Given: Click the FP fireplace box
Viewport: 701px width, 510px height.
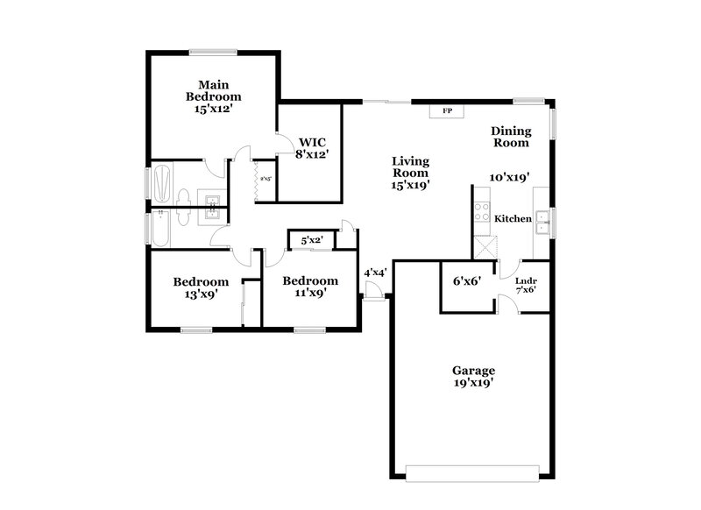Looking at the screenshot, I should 447,111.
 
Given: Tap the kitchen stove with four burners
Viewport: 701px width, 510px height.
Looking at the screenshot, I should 482,210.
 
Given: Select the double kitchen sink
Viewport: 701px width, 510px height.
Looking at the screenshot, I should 542,219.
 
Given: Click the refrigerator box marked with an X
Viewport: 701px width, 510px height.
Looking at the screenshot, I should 483,246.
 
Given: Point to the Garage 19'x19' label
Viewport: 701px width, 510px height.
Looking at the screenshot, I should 474,377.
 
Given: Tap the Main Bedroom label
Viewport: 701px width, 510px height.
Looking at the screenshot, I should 212,96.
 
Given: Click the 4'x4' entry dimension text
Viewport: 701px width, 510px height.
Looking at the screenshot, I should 375,273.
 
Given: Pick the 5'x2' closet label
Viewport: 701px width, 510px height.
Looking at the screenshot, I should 312,239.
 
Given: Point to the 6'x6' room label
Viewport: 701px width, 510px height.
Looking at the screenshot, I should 464,281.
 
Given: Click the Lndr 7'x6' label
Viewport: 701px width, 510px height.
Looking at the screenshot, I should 526,285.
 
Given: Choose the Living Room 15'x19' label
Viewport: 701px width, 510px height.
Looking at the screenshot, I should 410,173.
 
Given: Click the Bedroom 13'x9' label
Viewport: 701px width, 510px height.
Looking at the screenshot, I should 201,287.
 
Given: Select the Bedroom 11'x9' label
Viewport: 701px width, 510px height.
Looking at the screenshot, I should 309,287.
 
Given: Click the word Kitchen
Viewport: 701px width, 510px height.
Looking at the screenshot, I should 513,218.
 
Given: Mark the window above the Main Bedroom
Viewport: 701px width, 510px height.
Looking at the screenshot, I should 213,51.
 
